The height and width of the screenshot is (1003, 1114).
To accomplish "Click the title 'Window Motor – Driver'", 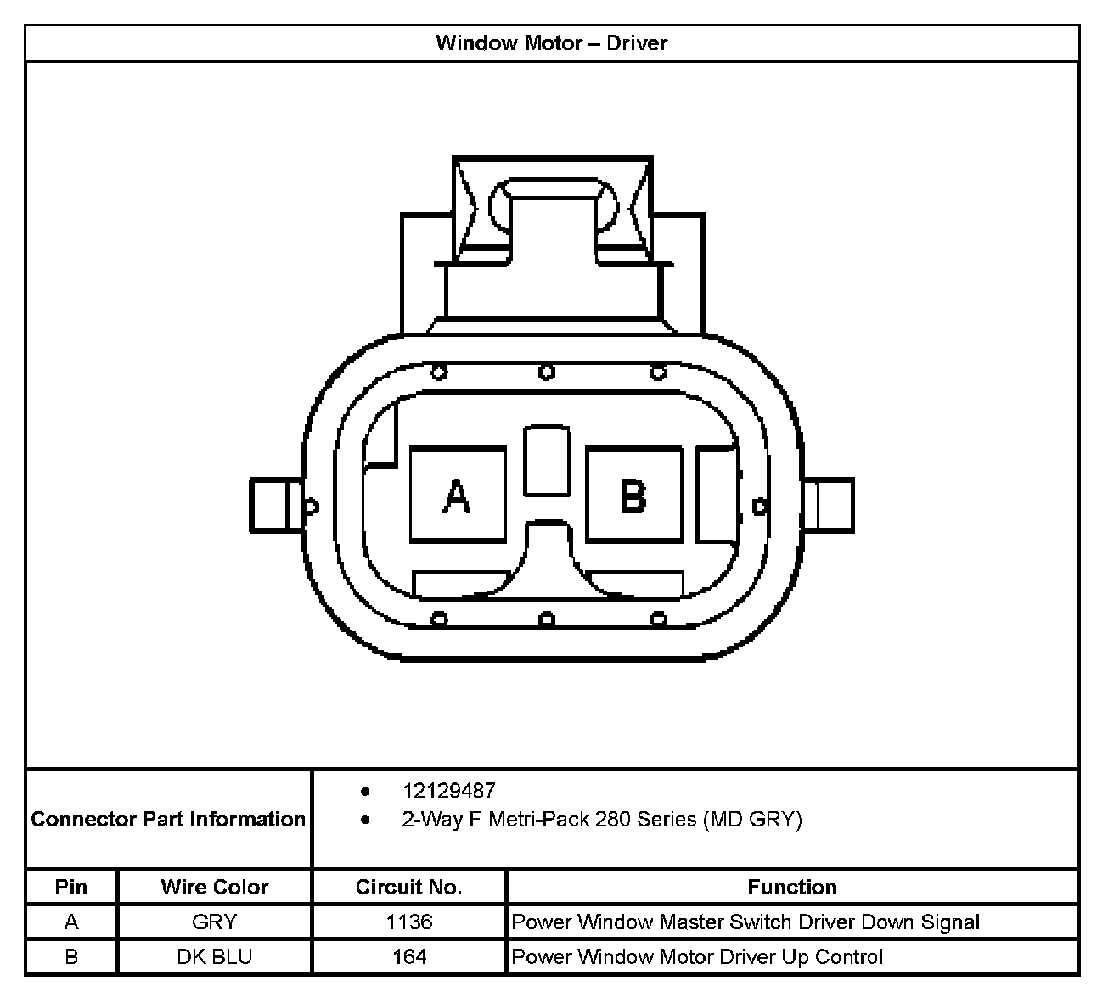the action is coord(551,43).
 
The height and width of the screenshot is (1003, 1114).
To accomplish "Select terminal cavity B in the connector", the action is coord(634,494).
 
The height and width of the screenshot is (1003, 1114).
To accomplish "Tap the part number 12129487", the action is coord(448,791).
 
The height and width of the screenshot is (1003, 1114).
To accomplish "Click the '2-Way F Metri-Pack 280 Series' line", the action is coord(602,819).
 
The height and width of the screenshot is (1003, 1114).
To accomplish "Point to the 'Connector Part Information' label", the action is coord(168,819).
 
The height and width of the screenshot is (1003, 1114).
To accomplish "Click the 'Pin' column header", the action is coord(71,887).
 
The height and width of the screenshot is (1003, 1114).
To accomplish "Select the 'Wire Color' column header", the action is coord(215,887).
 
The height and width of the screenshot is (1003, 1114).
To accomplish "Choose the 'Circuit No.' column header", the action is coord(409,887).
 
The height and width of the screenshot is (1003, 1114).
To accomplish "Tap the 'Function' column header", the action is coord(792,887).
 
